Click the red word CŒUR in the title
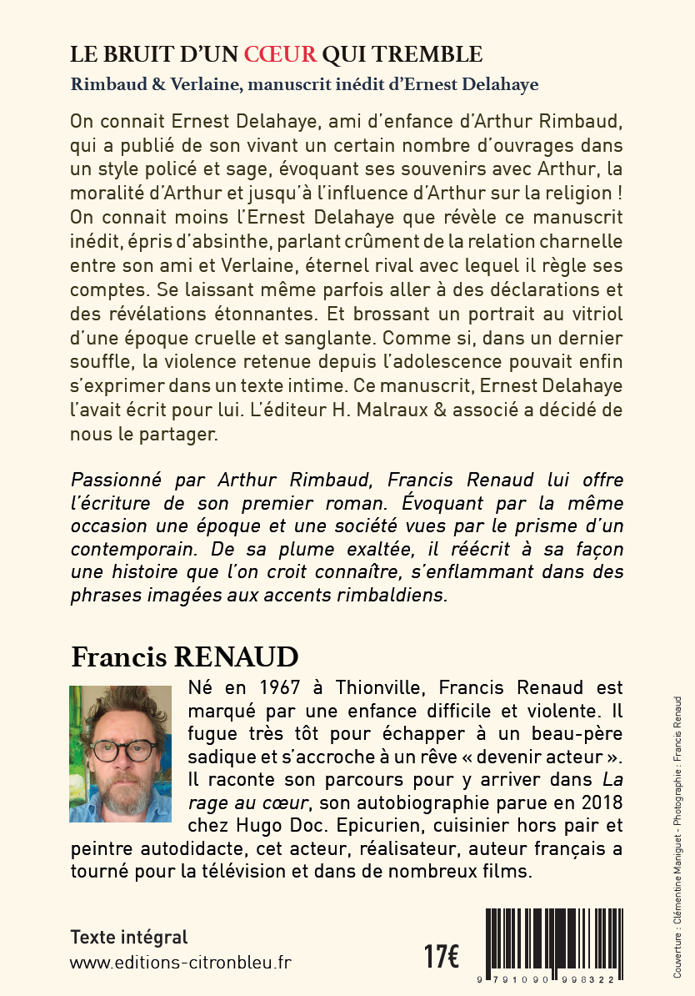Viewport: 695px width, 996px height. coord(280,55)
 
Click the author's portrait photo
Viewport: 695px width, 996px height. coord(120,753)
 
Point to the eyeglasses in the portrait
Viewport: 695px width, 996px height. coord(122,748)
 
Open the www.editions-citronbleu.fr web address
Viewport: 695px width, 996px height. coord(181,962)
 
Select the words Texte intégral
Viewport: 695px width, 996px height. coord(129,937)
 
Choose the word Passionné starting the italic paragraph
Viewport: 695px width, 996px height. coord(118,481)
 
